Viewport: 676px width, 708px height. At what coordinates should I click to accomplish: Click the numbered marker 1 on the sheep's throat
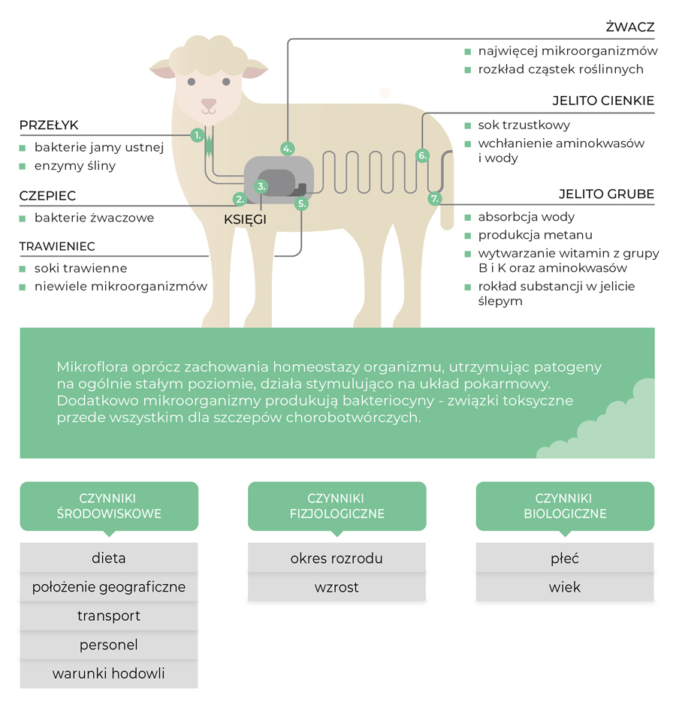[198, 135]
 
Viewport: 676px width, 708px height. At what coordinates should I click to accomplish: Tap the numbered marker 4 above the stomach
[287, 149]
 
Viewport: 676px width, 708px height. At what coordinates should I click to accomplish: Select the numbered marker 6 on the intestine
[422, 155]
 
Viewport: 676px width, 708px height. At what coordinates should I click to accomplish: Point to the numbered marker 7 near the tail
[434, 199]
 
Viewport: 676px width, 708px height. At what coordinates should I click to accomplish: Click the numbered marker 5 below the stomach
[302, 203]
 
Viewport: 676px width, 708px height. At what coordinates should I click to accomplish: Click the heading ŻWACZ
[630, 27]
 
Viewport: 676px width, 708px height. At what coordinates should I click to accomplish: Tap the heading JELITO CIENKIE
[603, 101]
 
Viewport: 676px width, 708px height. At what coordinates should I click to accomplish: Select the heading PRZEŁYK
[49, 125]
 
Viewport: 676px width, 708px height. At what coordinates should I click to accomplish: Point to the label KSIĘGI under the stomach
[245, 220]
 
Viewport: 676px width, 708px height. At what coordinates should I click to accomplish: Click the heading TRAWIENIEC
[57, 246]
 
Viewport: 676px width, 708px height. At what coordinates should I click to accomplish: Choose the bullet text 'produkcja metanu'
[535, 235]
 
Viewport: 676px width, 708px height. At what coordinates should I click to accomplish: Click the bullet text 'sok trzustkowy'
[524, 125]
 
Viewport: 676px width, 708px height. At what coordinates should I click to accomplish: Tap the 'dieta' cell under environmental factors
[109, 558]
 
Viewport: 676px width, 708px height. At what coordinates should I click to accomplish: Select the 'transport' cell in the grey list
[109, 616]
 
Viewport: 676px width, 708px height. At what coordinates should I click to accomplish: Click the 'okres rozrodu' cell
[336, 558]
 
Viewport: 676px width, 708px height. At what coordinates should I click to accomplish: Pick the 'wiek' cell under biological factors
[565, 587]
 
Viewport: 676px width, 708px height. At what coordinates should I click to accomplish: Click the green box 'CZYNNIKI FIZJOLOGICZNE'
[336, 506]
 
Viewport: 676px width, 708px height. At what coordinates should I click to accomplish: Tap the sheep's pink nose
[209, 104]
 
